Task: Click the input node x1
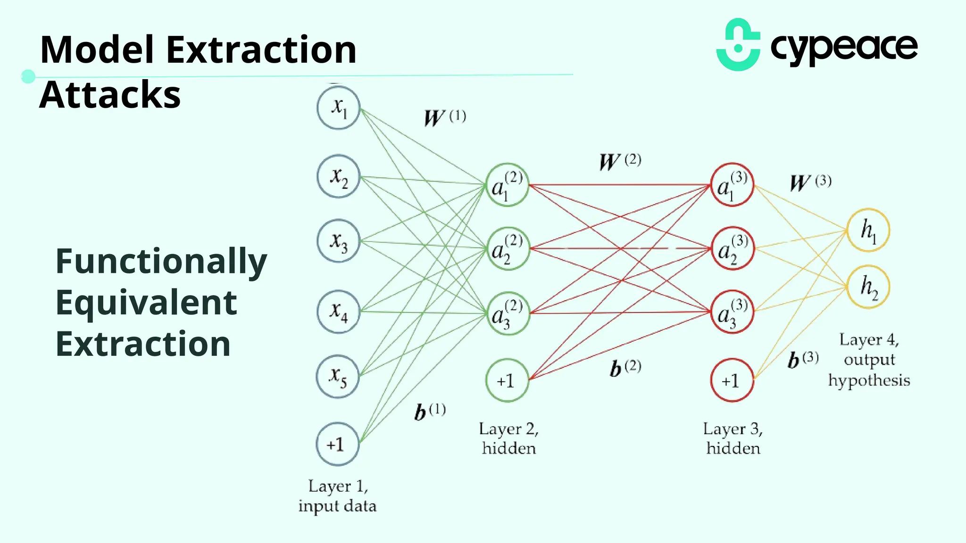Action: tap(338, 107)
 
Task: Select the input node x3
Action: tap(338, 241)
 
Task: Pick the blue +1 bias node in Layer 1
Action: tap(337, 444)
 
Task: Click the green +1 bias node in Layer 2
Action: tap(507, 380)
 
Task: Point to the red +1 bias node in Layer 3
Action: tap(732, 380)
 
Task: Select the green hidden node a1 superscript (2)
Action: tap(507, 185)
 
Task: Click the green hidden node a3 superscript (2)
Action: tap(507, 313)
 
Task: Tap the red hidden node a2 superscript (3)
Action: tap(732, 248)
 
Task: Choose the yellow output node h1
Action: tap(868, 230)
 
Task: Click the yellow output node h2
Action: tap(868, 287)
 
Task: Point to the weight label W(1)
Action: tap(445, 117)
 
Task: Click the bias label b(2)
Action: tap(625, 368)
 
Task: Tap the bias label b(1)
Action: tap(430, 411)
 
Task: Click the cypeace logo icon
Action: tap(738, 45)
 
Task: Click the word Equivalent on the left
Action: tap(146, 303)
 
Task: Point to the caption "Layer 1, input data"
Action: tap(338, 496)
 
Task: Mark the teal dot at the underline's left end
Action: tap(28, 76)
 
